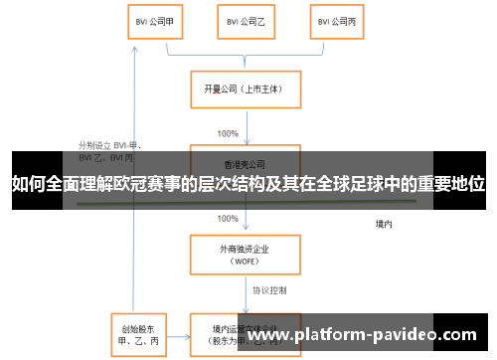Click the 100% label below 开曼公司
click(x=227, y=132)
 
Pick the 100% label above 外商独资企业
click(x=227, y=218)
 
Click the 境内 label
click(x=384, y=224)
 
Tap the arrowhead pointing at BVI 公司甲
click(x=132, y=44)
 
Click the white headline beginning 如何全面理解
click(x=248, y=183)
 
